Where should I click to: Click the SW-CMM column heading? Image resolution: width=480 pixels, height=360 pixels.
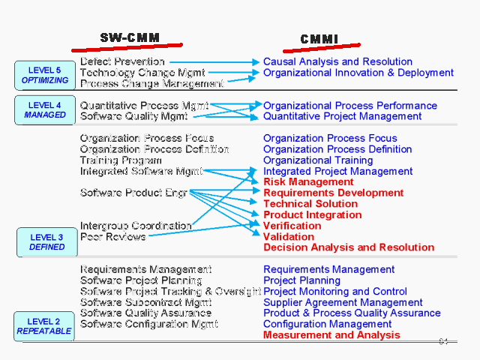[130, 38]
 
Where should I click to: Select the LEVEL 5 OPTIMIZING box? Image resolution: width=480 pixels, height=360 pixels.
[45, 75]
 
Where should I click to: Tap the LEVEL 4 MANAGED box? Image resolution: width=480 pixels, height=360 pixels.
[45, 109]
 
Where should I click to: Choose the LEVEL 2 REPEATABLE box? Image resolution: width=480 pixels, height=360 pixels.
[44, 325]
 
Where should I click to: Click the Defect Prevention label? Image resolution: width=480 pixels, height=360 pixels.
[122, 61]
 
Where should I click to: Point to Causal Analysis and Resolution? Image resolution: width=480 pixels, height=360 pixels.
[337, 61]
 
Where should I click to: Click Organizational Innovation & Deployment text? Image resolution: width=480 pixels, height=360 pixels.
[358, 73]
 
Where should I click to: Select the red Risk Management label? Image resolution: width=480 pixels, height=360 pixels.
[308, 181]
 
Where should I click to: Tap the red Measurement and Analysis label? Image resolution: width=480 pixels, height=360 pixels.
[331, 335]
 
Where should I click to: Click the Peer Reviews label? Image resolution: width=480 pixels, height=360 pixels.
[113, 236]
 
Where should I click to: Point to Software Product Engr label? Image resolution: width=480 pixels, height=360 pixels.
[133, 193]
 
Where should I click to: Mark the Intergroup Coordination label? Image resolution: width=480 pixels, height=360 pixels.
[136, 225]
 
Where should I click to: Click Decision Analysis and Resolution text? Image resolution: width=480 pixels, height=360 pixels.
[349, 247]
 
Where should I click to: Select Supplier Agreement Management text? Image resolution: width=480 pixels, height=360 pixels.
[343, 302]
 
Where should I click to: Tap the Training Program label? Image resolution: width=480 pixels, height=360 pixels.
[121, 160]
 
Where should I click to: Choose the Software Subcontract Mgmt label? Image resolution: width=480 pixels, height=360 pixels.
[145, 302]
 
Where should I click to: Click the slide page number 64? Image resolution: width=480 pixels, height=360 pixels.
[443, 342]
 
